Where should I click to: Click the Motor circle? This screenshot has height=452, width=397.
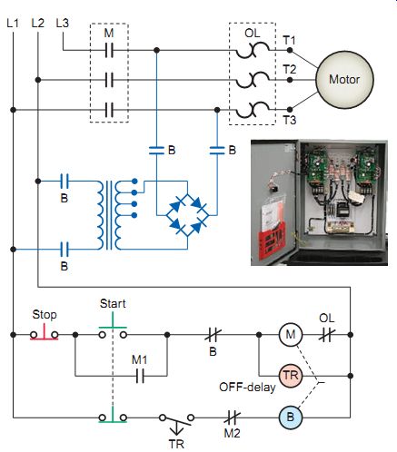[344, 80]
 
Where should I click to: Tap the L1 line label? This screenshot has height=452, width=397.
[13, 24]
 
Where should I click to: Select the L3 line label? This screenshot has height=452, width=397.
[63, 23]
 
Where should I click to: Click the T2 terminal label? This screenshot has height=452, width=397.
[290, 70]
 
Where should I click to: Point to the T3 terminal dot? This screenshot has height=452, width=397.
[290, 109]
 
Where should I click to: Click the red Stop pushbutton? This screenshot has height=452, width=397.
[45, 332]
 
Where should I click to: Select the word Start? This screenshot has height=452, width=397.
[113, 303]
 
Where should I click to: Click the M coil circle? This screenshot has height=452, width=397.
[291, 335]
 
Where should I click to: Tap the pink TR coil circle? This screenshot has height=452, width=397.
[291, 376]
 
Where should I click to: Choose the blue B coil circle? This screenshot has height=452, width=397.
[291, 418]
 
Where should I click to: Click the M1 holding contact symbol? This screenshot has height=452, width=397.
[140, 376]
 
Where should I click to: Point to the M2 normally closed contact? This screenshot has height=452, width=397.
[233, 418]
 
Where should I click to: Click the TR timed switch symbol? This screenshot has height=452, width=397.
[176, 421]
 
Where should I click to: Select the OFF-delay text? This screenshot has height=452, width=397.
[247, 388]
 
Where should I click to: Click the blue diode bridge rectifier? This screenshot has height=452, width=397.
[187, 215]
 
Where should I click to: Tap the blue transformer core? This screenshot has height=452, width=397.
[109, 215]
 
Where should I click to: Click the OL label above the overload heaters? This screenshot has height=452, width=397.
[253, 33]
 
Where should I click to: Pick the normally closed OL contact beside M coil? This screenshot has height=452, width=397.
[327, 335]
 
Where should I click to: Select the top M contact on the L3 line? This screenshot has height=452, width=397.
[109, 50]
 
